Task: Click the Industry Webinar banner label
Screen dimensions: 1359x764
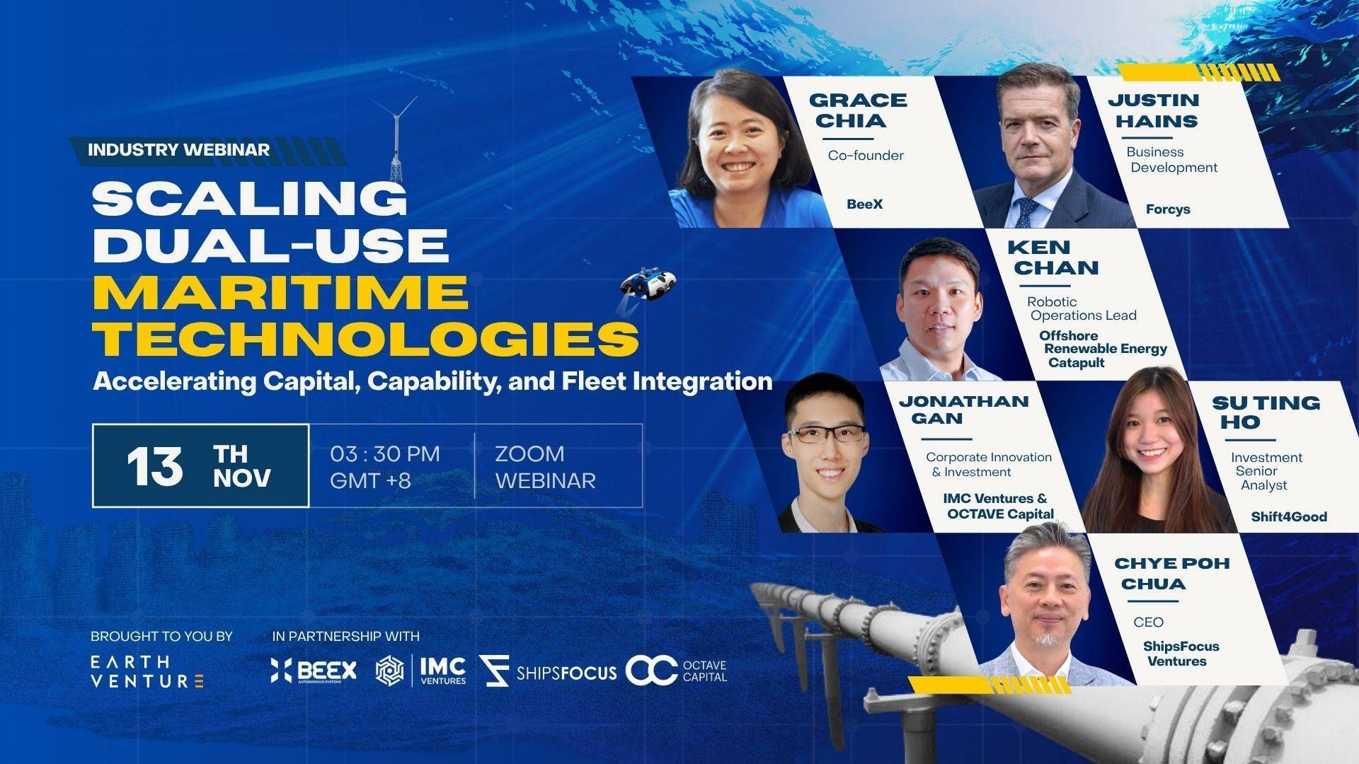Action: pos(178,150)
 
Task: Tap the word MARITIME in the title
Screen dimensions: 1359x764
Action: pos(280,291)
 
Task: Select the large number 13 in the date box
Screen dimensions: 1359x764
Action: pos(154,467)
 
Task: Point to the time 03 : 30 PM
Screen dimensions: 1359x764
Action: pos(385,453)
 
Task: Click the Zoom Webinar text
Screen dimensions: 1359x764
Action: pos(545,467)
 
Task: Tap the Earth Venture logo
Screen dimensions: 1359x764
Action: pos(147,671)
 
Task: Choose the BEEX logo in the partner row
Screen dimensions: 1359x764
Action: pos(314,670)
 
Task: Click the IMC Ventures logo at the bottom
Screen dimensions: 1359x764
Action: pos(420,671)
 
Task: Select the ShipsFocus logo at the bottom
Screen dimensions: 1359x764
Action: pos(547,671)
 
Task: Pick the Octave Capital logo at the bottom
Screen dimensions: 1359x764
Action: pos(676,671)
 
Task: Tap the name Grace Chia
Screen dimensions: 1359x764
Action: pos(858,110)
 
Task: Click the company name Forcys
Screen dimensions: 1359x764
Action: pos(1168,209)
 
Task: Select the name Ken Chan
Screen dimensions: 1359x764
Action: pos(1053,257)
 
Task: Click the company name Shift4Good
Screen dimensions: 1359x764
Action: pos(1289,516)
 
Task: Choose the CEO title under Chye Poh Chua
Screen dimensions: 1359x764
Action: pos(1148,623)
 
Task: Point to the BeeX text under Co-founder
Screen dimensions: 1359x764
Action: pos(865,204)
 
